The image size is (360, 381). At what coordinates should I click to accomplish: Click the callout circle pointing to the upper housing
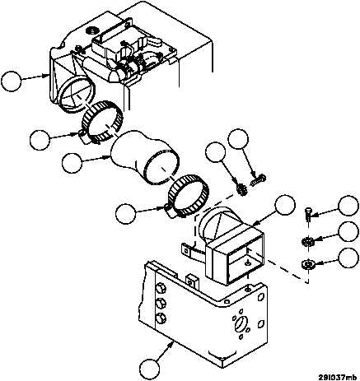tap(11, 81)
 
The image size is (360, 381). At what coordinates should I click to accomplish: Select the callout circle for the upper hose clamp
tap(40, 140)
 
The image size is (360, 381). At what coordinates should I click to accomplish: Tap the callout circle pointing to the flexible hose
tap(72, 163)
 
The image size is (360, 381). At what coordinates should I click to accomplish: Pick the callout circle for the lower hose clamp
tap(126, 214)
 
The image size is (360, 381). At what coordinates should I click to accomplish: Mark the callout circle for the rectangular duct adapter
tap(285, 205)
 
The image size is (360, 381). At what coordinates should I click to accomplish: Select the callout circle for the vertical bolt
tap(348, 206)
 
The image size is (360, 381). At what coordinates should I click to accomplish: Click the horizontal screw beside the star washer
tap(259, 180)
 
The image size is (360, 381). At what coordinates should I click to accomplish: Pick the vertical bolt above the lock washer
tap(308, 214)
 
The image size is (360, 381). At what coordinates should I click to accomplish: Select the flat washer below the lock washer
tap(307, 264)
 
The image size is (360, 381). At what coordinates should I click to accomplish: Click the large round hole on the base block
tap(241, 323)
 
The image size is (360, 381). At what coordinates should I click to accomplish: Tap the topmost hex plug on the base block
tap(161, 290)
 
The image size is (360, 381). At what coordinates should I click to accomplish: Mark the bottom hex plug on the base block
tap(161, 318)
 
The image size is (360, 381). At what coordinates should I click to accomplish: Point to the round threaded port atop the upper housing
tap(91, 29)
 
